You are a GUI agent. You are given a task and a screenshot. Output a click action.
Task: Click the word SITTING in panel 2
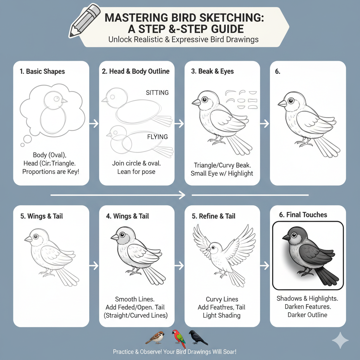pyautogui.click(x=157, y=93)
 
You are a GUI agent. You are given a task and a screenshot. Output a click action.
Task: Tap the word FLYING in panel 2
pyautogui.click(x=157, y=137)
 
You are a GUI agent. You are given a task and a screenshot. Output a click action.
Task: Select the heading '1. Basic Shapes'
pyautogui.click(x=42, y=71)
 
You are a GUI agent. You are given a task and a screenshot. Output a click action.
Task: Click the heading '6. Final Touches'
pyautogui.click(x=303, y=215)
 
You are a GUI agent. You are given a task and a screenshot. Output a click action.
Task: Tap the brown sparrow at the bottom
pyautogui.click(x=155, y=337)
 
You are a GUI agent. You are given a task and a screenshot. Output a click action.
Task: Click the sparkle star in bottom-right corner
pyautogui.click(x=340, y=340)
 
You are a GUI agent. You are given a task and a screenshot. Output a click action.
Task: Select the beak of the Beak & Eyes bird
pyautogui.click(x=196, y=102)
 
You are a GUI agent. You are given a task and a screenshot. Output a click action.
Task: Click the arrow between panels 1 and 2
pyautogui.click(x=94, y=123)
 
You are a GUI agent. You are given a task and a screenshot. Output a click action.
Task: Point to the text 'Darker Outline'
pyautogui.click(x=307, y=315)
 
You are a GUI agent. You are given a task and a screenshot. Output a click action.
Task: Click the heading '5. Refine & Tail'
pyautogui.click(x=213, y=216)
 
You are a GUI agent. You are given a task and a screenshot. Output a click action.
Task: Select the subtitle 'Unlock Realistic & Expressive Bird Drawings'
pyautogui.click(x=183, y=39)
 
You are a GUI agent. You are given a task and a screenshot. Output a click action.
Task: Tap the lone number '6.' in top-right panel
pyautogui.click(x=278, y=71)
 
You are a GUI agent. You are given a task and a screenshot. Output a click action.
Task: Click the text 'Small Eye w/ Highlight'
pyautogui.click(x=221, y=173)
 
